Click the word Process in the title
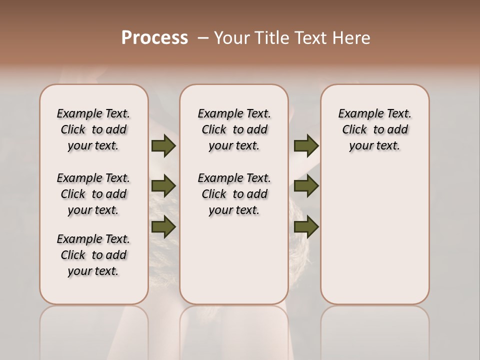point(154,38)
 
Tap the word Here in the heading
point(352,38)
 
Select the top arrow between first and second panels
point(163,146)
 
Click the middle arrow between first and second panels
point(163,186)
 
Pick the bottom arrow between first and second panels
point(163,226)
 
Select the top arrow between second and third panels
point(306,146)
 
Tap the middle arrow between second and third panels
point(306,186)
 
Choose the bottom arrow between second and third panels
point(306,226)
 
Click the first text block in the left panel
point(93,129)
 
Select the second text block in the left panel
point(93,194)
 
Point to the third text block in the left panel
point(93,255)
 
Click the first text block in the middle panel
point(234,129)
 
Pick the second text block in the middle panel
point(234,194)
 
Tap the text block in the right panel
point(375,129)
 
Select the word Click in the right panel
point(354,130)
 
